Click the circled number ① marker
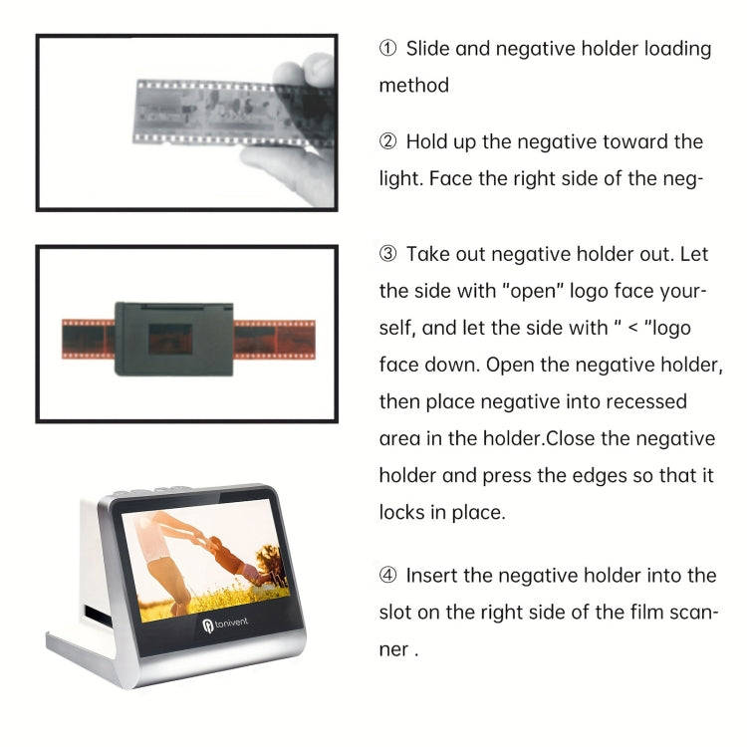[x=388, y=49]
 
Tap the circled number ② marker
[x=388, y=142]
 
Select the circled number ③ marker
[x=388, y=255]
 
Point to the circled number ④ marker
[x=388, y=576]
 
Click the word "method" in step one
[x=413, y=86]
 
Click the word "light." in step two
[x=401, y=179]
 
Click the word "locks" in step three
[x=403, y=512]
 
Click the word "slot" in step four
[x=397, y=613]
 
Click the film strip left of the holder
[x=88, y=339]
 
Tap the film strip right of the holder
[x=275, y=339]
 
